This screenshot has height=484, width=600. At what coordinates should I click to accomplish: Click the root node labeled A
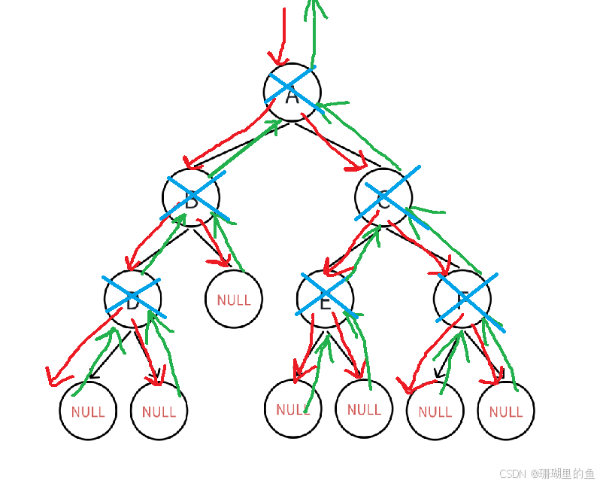coord(292,92)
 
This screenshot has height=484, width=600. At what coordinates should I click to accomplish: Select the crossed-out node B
coord(191,197)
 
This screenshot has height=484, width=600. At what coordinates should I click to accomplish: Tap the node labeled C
coord(383,198)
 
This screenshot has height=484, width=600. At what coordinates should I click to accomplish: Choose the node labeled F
coord(462,299)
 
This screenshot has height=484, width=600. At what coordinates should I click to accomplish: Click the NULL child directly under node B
coord(233,299)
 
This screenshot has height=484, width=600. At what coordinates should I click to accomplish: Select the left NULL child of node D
coord(88,411)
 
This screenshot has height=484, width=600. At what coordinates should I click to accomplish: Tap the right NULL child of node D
coord(159,411)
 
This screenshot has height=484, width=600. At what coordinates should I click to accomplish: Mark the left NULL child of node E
coord(292,409)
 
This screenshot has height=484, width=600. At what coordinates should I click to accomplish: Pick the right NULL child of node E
coord(364,409)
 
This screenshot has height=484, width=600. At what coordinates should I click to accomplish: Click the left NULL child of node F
coord(435,411)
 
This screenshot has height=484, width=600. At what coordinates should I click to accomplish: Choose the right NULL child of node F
coord(505,411)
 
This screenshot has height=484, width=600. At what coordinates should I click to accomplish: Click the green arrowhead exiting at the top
coord(314,9)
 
